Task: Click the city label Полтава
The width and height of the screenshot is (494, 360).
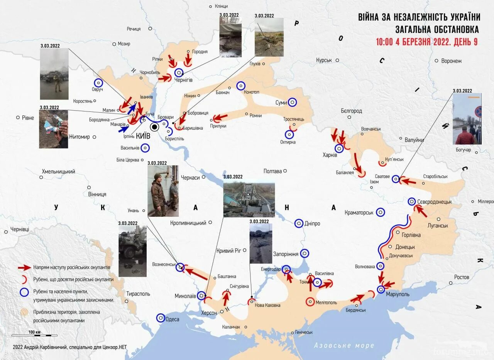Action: [272, 171]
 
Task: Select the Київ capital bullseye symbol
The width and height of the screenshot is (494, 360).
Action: [154, 127]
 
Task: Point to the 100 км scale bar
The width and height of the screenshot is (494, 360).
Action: [34, 335]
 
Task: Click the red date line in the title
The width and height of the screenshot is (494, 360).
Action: [427, 42]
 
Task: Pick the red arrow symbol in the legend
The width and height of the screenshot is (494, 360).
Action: [25, 267]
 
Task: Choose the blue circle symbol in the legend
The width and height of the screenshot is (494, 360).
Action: [24, 292]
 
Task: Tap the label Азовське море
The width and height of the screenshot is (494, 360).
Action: [344, 345]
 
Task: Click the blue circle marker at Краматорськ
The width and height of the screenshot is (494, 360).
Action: [381, 212]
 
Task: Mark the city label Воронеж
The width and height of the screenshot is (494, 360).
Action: [451, 61]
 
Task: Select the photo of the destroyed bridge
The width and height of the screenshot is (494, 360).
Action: [249, 199]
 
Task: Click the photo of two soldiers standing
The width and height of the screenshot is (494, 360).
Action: [163, 191]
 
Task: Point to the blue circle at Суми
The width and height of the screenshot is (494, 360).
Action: [293, 102]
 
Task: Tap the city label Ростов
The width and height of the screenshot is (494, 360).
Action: [462, 277]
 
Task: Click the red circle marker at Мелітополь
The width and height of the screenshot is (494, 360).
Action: [310, 302]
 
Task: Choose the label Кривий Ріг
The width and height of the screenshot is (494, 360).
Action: [229, 250]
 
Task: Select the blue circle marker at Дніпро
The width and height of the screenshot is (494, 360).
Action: [299, 223]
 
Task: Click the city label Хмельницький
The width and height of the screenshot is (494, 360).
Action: [58, 172]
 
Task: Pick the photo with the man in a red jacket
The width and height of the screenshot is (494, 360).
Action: [467, 119]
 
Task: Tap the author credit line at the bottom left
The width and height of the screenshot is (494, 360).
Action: [69, 347]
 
